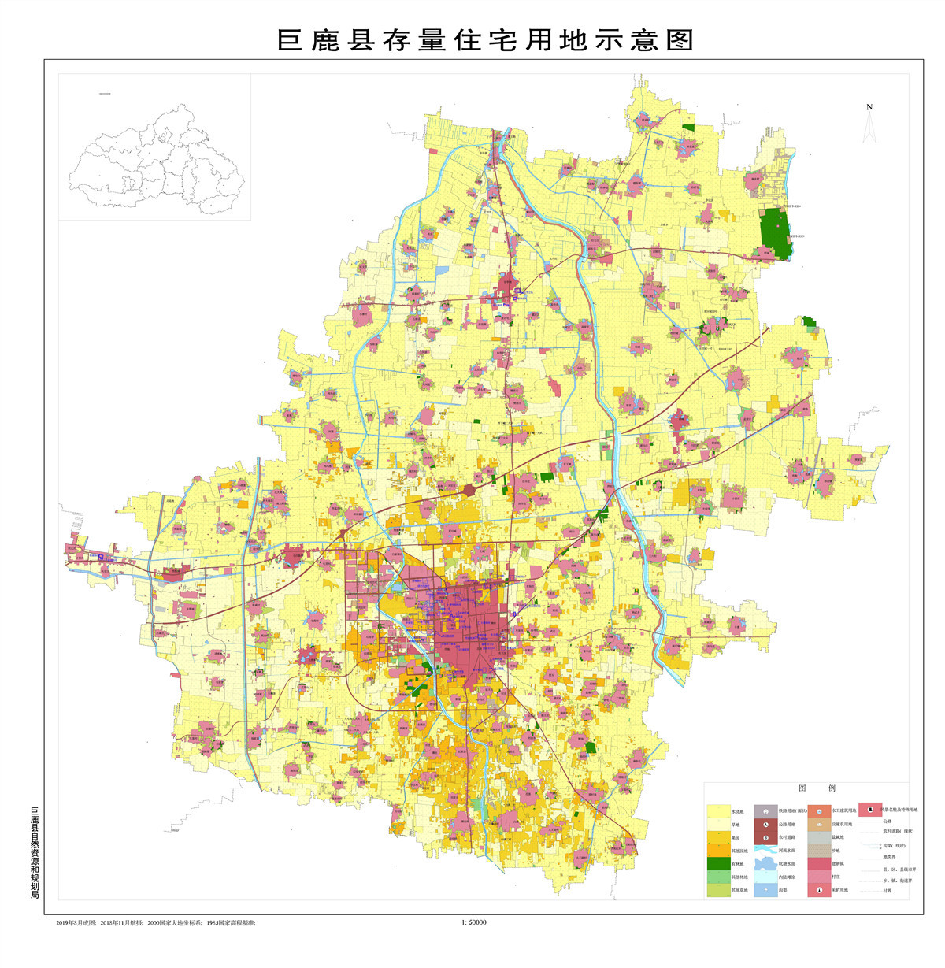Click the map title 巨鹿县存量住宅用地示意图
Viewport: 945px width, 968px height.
(x=484, y=39)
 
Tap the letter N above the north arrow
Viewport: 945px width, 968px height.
(x=869, y=107)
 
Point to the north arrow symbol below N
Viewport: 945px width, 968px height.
(x=869, y=128)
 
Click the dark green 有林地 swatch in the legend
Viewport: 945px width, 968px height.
(x=717, y=863)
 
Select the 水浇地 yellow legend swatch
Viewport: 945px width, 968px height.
(x=717, y=810)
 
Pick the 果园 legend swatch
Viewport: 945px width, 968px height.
(x=717, y=836)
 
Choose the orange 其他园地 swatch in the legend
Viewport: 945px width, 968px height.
(x=717, y=850)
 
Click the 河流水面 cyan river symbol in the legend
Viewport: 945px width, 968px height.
(x=765, y=850)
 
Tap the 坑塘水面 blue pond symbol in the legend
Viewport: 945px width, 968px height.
(x=765, y=863)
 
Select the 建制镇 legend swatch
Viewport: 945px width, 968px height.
(x=818, y=863)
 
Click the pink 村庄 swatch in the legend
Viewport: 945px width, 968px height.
(x=818, y=877)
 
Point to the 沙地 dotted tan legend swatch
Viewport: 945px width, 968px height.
(x=818, y=850)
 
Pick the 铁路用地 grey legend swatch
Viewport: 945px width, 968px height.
(x=765, y=810)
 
